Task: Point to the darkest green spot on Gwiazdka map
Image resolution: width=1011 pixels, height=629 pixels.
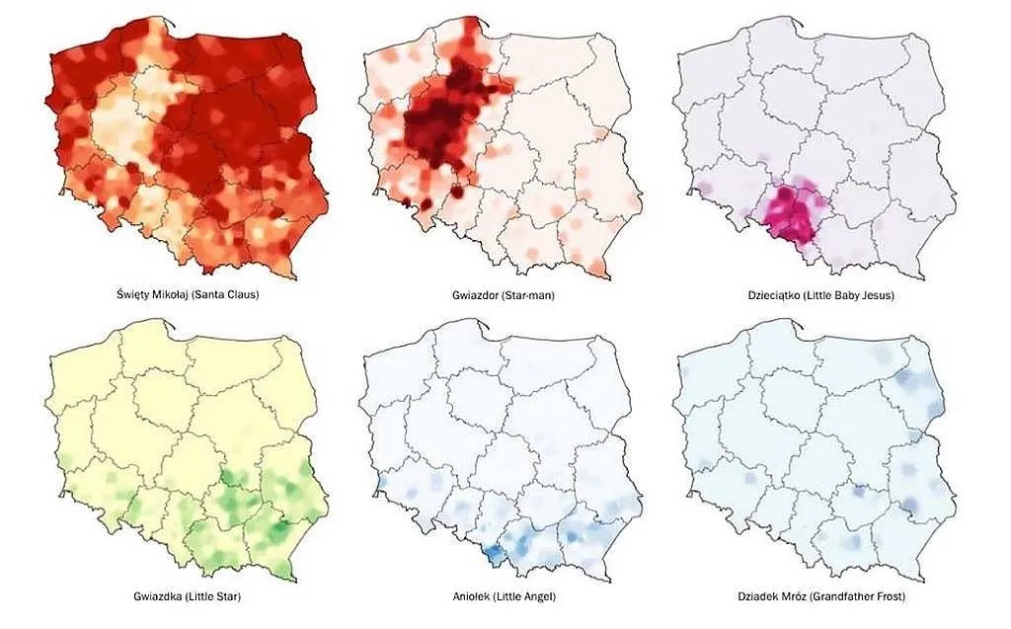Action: coord(280,528)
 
